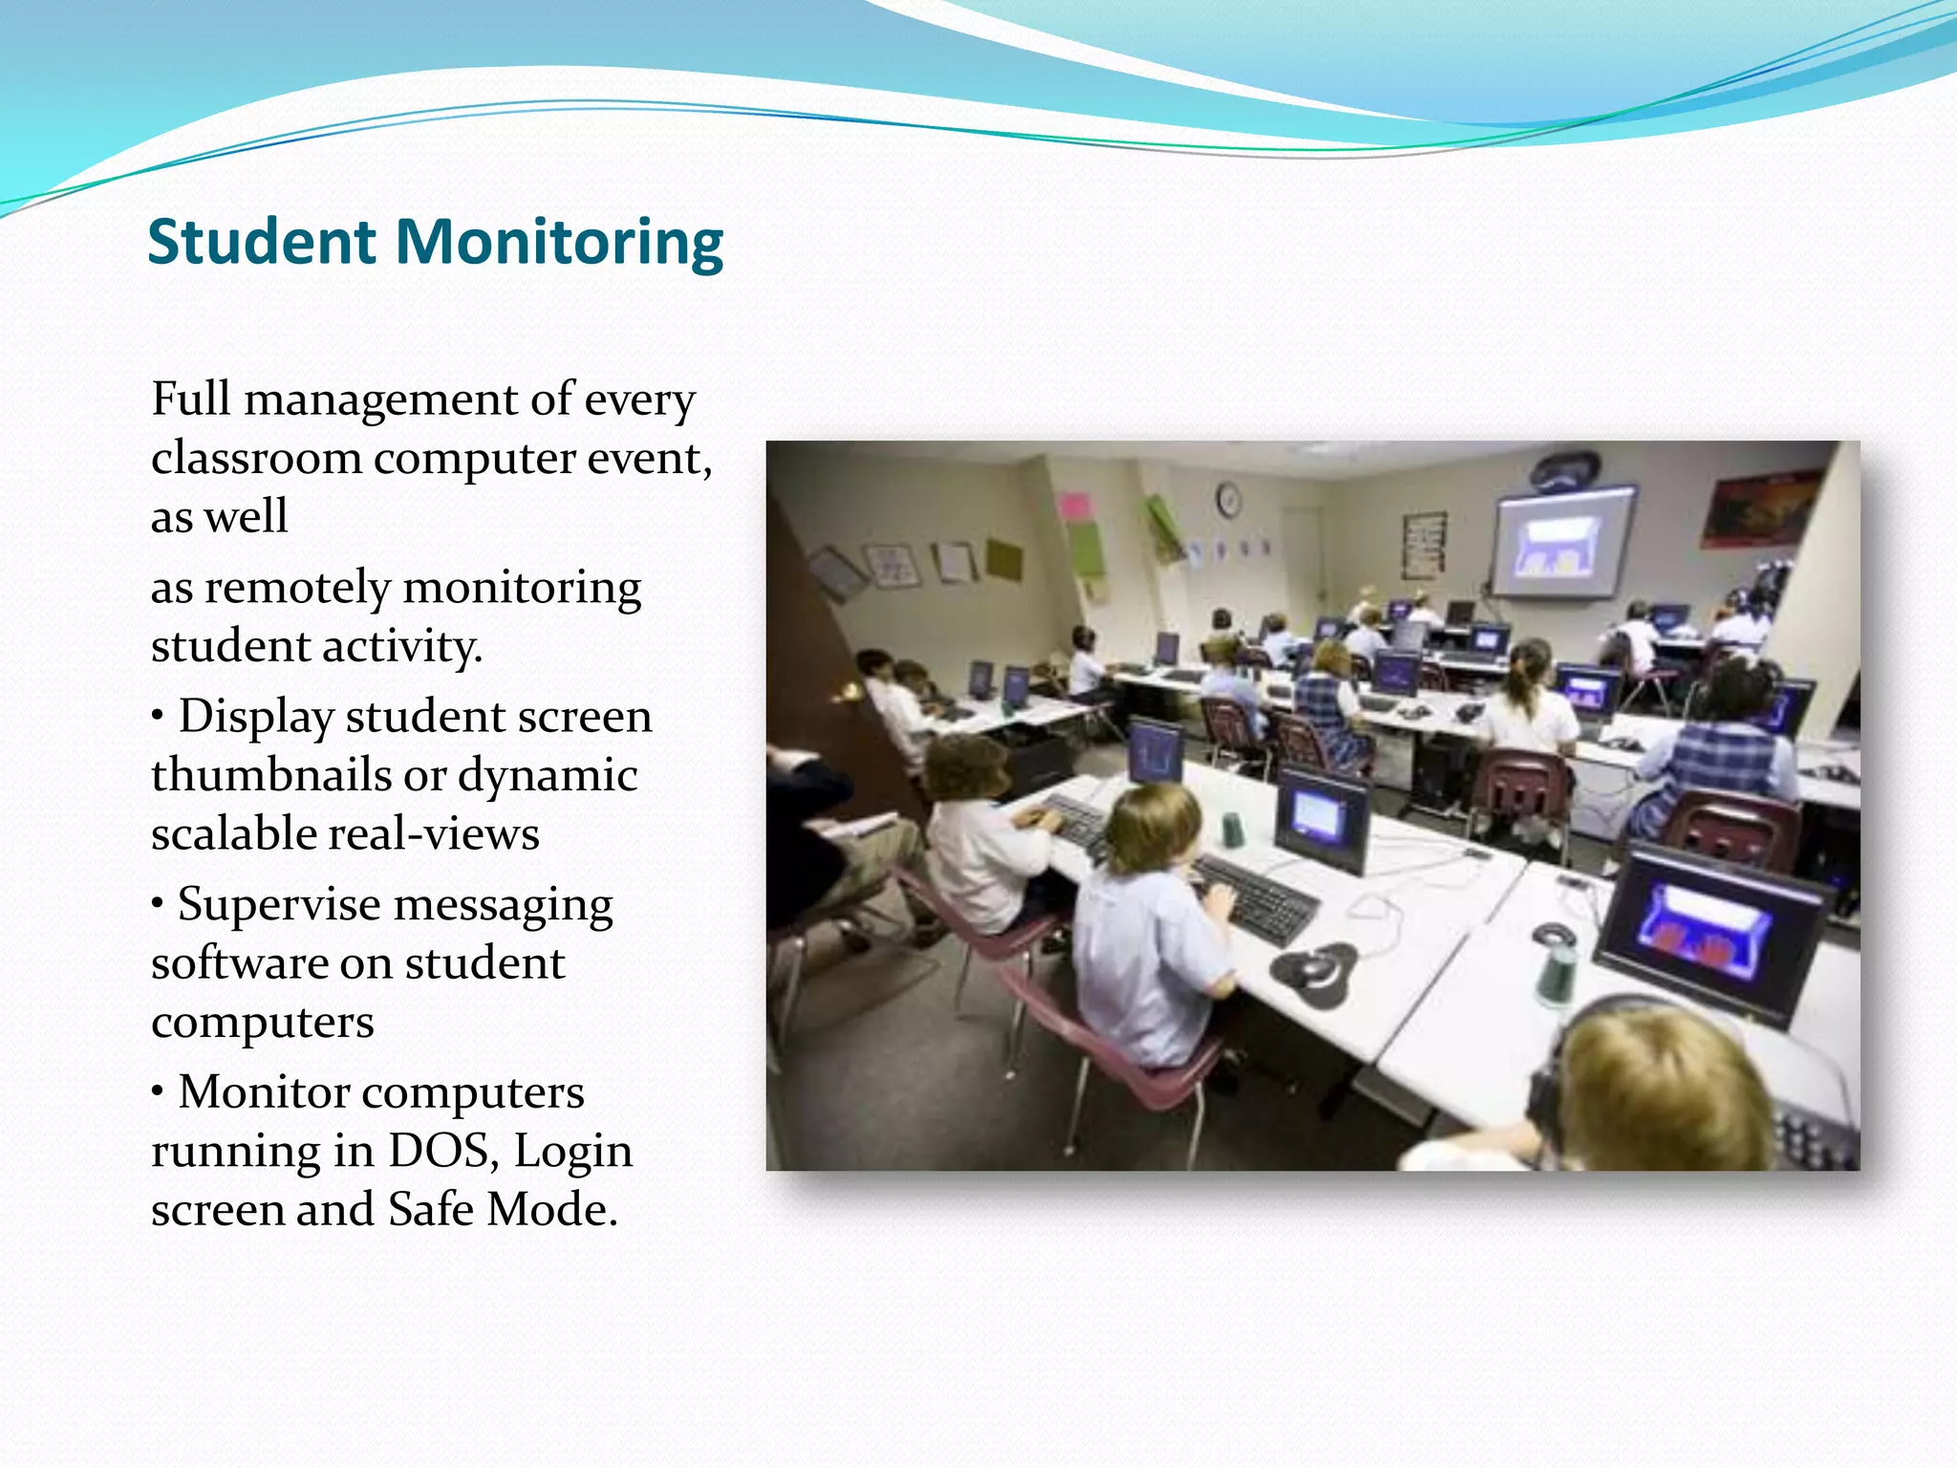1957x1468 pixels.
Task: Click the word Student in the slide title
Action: pos(261,242)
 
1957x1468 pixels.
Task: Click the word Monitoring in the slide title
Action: pos(559,244)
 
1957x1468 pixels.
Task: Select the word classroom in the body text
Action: pos(256,459)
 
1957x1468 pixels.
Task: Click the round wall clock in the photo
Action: pos(1229,499)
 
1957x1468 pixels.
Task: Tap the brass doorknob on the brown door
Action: pos(848,691)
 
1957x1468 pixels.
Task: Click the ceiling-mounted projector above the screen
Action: pos(1564,469)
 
